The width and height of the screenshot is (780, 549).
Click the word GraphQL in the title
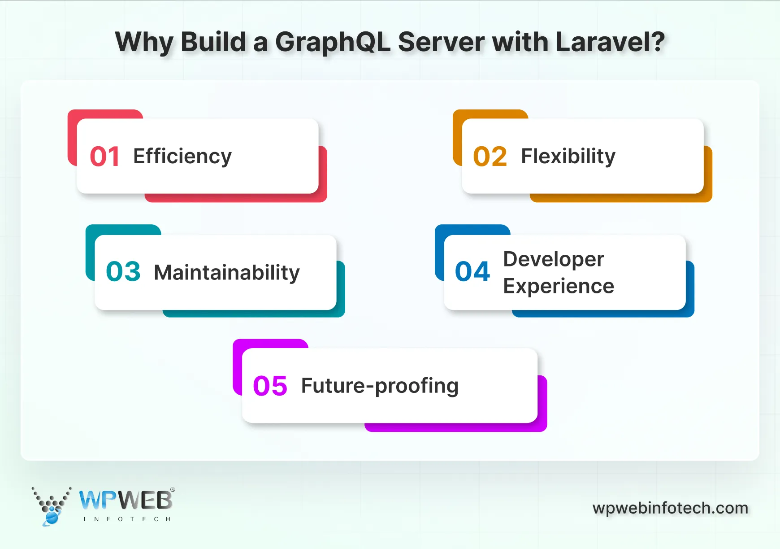point(332,43)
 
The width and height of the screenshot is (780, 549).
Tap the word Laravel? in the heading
point(610,42)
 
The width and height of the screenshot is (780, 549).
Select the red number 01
point(104,157)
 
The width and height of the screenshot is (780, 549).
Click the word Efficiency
point(182,157)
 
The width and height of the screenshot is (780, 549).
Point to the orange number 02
point(490,157)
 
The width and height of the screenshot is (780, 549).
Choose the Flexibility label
point(568,157)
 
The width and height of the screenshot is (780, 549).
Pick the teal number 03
point(123,272)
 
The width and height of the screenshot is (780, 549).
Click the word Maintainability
point(227,273)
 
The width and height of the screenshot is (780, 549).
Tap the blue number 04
point(472,272)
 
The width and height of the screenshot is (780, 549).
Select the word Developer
point(554,259)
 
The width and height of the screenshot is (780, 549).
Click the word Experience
point(559,286)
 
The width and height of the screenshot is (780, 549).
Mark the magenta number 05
point(270,386)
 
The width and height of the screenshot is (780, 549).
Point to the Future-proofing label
point(380,386)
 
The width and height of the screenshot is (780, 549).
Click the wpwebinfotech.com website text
point(670,508)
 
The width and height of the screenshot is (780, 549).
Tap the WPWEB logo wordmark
point(126,501)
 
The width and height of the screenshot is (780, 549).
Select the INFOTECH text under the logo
point(127,519)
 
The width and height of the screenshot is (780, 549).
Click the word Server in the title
point(441,42)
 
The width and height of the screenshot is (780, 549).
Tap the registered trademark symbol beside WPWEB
point(173,490)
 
